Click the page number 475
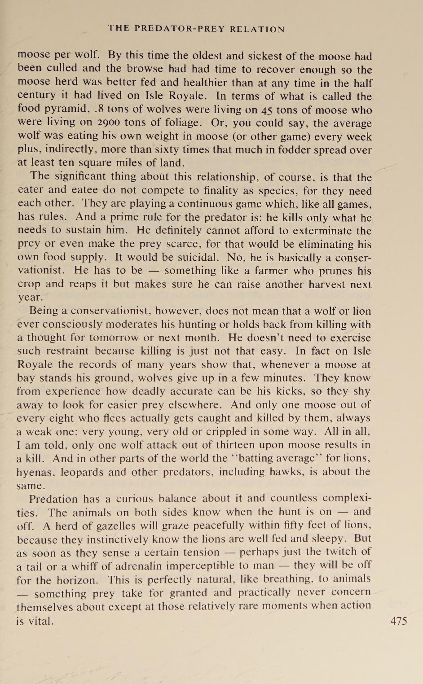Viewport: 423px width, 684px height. [x=399, y=621]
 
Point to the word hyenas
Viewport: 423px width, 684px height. [x=34, y=472]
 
